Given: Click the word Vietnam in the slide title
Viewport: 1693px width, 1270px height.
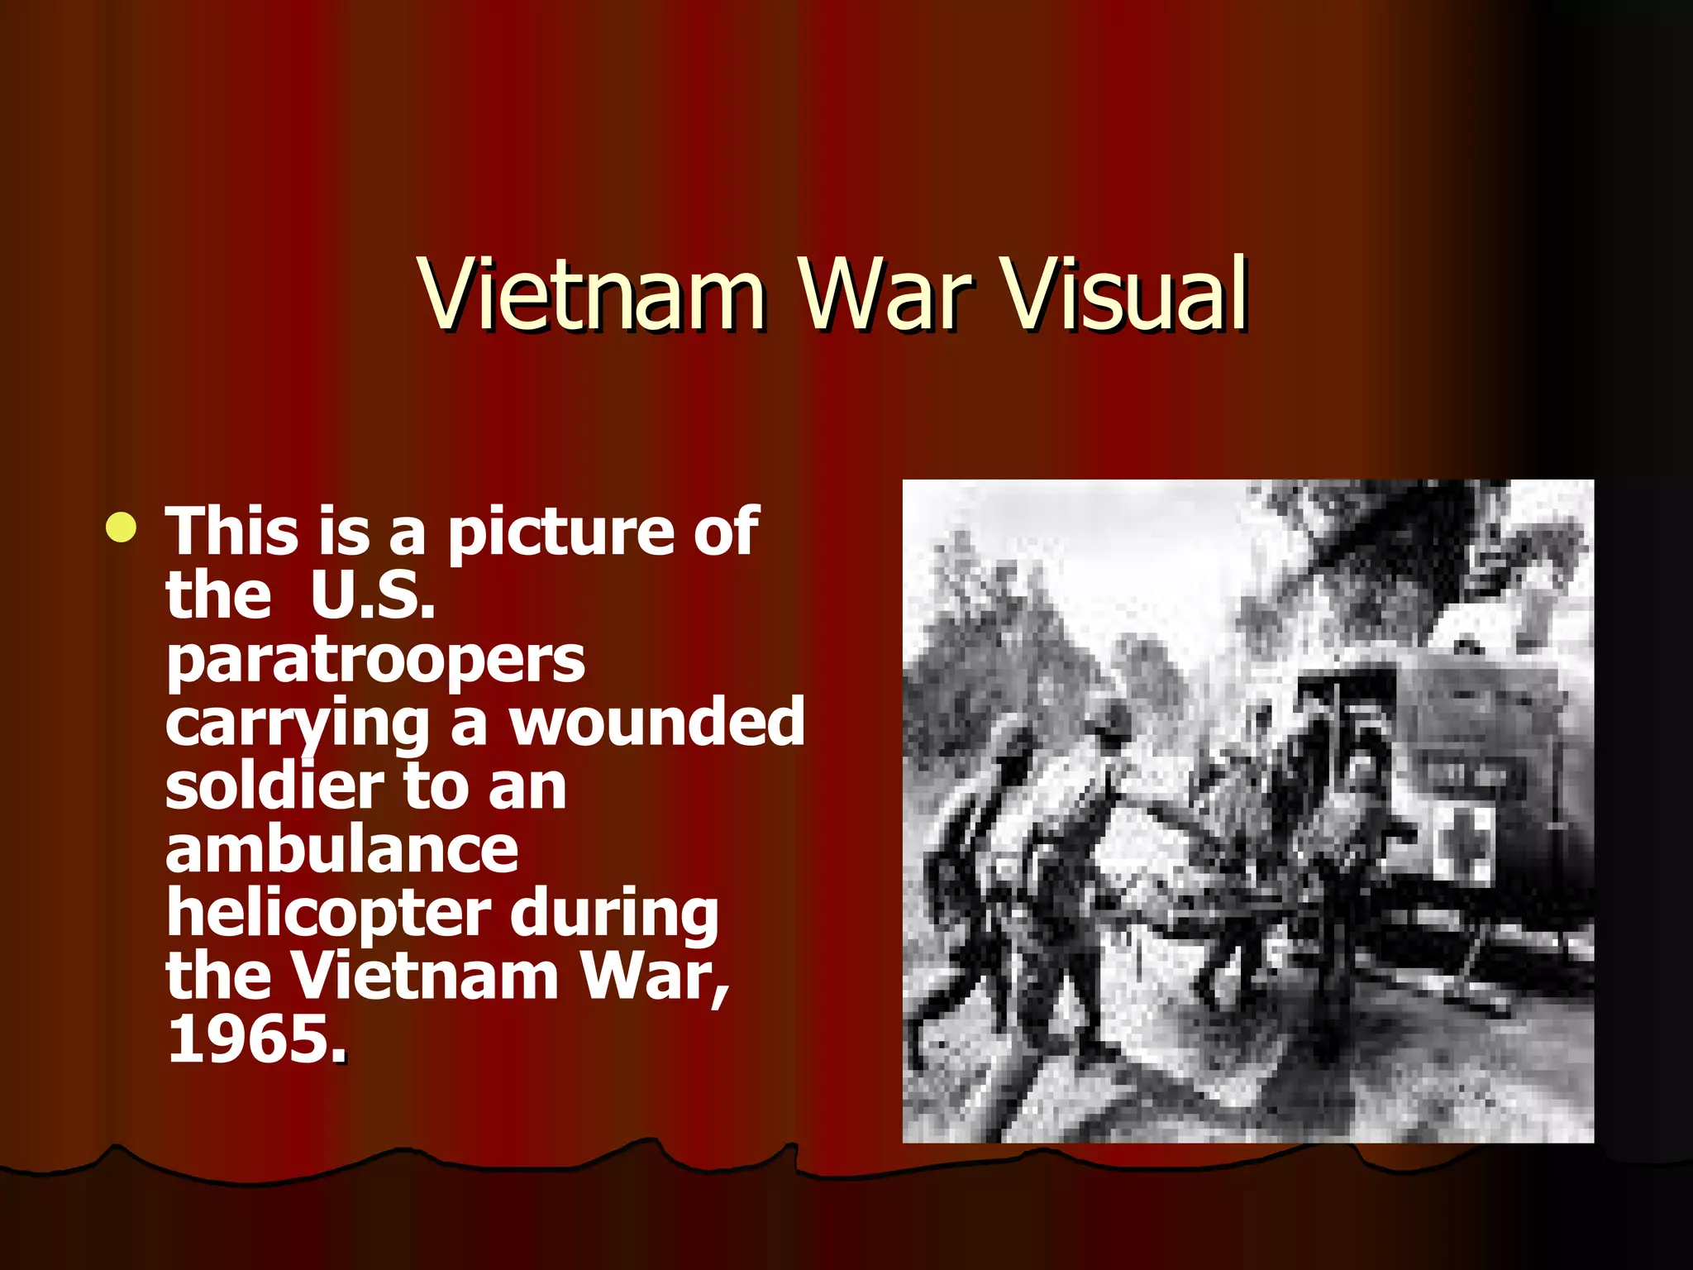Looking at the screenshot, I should coord(592,294).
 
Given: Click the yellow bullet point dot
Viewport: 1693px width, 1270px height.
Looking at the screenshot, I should coord(122,528).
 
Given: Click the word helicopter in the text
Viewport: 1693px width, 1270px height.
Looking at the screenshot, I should coord(329,914).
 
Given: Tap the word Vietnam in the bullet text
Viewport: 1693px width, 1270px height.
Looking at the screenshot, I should coord(426,976).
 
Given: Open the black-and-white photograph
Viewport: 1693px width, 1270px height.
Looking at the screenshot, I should coord(1247,811).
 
